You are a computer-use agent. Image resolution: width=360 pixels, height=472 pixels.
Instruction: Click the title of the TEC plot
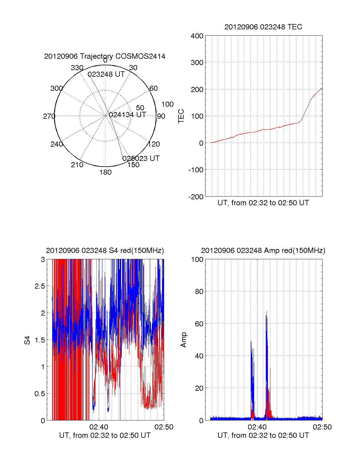pyautogui.click(x=263, y=27)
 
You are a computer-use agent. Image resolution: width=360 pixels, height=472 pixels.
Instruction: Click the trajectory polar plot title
pyautogui.click(x=105, y=56)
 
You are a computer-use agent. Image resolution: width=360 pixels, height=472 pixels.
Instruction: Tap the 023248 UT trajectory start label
pyautogui.click(x=106, y=74)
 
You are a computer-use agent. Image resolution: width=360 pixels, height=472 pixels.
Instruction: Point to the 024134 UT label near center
pyautogui.click(x=127, y=115)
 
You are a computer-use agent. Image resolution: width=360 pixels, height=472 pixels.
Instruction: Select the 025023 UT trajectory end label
pyautogui.click(x=141, y=158)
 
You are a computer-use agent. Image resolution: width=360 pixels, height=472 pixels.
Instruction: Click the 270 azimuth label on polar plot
pyautogui.click(x=49, y=116)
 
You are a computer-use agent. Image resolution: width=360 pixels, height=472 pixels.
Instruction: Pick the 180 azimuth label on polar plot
pyautogui.click(x=105, y=172)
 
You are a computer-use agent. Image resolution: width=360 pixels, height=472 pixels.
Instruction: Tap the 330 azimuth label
pyautogui.click(x=77, y=68)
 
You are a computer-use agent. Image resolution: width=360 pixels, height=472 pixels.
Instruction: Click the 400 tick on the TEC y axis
pyautogui.click(x=197, y=36)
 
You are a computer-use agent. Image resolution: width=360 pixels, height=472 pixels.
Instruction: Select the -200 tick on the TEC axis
pyautogui.click(x=196, y=197)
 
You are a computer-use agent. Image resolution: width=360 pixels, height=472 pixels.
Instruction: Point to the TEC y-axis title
pyautogui.click(x=181, y=116)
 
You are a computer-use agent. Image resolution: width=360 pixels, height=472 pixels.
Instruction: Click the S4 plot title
pyautogui.click(x=105, y=251)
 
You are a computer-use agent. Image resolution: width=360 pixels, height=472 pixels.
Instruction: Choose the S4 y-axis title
pyautogui.click(x=27, y=340)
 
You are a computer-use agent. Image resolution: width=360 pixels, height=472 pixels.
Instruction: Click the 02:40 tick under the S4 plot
pyautogui.click(x=99, y=427)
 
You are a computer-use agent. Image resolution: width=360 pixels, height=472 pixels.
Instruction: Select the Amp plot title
pyautogui.click(x=263, y=251)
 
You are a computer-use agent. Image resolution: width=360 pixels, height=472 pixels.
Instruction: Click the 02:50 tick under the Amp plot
pyautogui.click(x=322, y=427)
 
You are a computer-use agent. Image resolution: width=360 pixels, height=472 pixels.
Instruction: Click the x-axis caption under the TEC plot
pyautogui.click(x=263, y=203)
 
